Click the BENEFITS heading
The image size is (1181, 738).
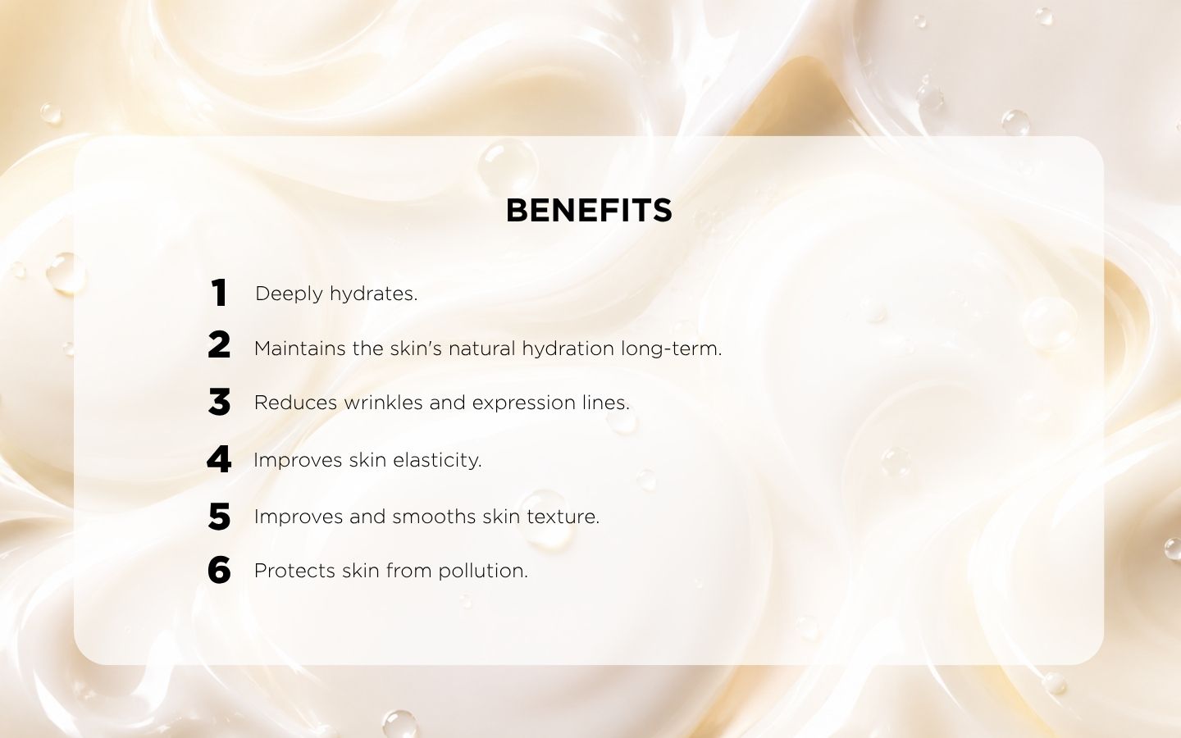(589, 210)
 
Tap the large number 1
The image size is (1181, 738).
(219, 293)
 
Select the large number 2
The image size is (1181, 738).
(219, 345)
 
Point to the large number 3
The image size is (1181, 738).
(219, 402)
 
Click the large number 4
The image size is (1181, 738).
(219, 459)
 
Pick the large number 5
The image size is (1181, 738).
(219, 516)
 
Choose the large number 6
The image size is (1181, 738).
(219, 570)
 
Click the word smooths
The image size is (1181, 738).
(434, 517)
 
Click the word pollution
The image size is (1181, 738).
(483, 572)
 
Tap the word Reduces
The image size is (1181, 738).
(296, 403)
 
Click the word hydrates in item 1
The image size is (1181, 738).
(374, 294)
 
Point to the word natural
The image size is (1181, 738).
(482, 349)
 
